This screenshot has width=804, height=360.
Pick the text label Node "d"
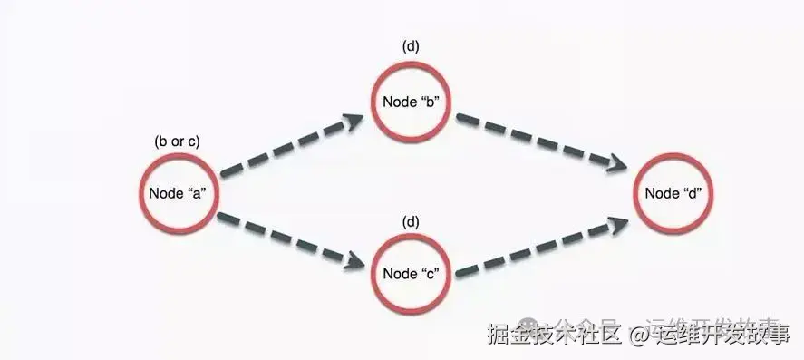point(673,193)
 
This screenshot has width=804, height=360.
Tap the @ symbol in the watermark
point(639,336)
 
